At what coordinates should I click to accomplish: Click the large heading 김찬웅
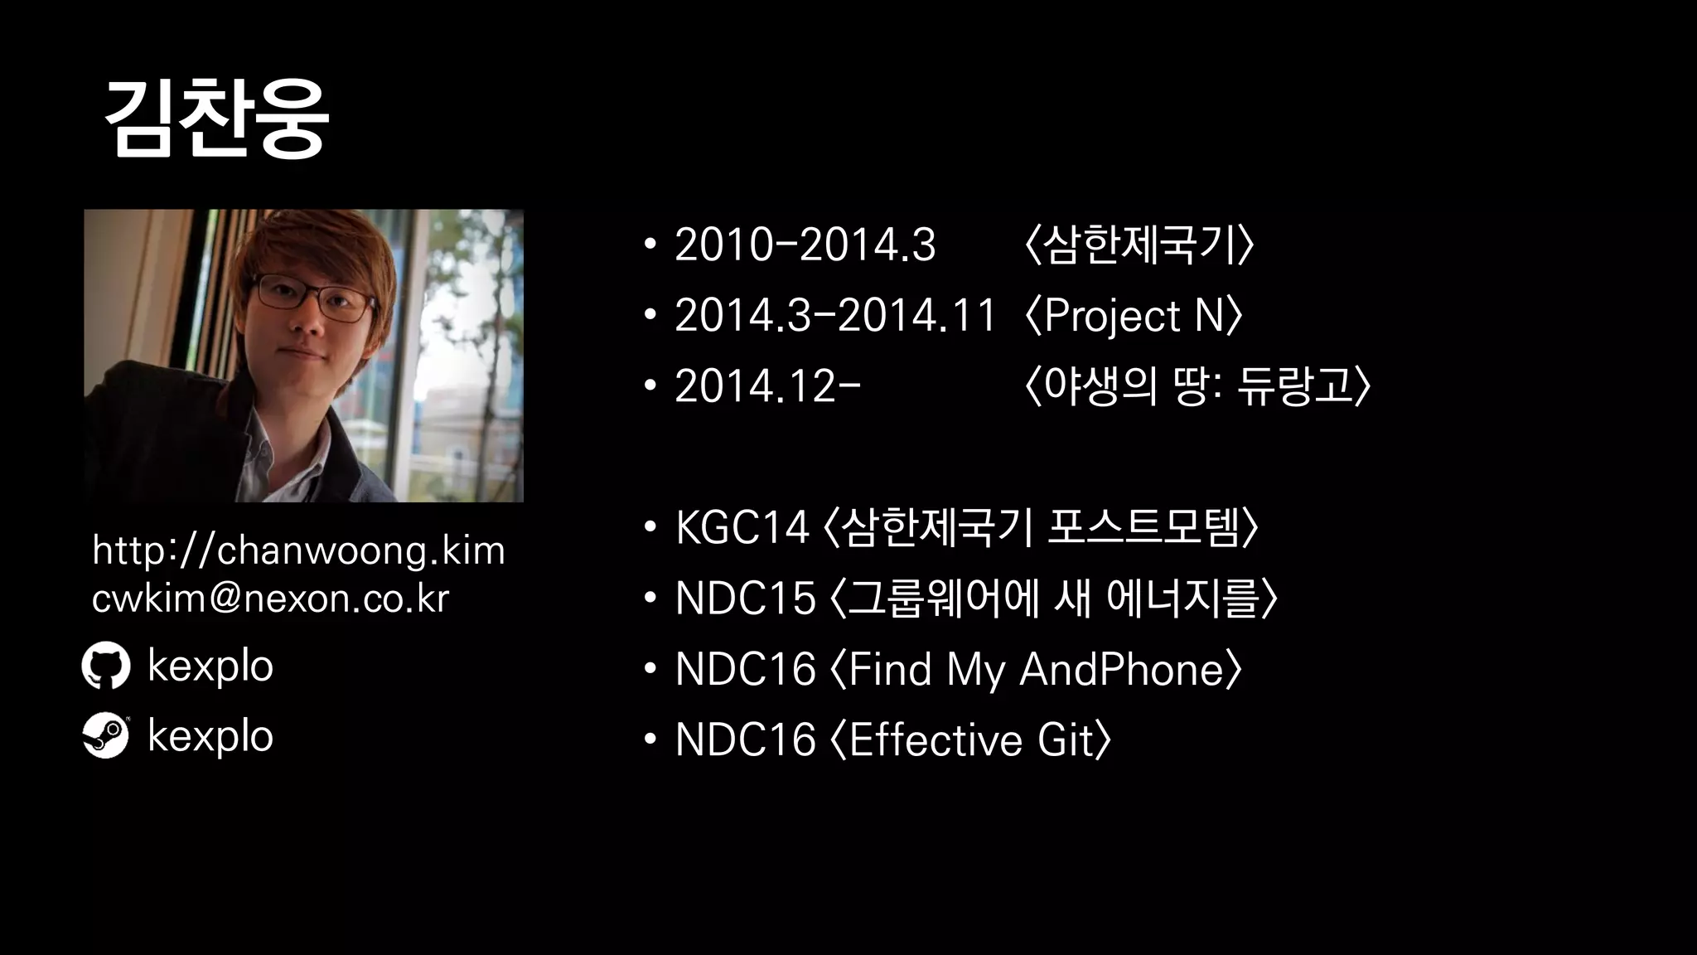(x=217, y=119)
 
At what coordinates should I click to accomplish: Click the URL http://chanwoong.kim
(x=298, y=550)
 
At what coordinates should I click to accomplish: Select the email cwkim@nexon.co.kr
(x=270, y=599)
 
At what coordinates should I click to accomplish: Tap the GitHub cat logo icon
(x=106, y=666)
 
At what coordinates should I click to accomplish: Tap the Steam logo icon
(x=106, y=735)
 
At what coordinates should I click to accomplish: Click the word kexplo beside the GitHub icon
(x=210, y=667)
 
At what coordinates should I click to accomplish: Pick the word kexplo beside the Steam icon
(x=210, y=736)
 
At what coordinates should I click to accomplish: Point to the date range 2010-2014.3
(x=805, y=245)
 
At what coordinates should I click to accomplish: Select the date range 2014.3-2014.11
(x=834, y=316)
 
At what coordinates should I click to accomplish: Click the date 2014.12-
(x=767, y=386)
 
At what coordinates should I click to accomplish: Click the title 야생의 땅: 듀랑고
(x=1197, y=386)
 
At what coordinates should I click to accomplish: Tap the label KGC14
(x=742, y=527)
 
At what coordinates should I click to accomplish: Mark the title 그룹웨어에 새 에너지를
(x=1053, y=599)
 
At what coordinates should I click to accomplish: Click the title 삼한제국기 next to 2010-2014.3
(x=1139, y=245)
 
